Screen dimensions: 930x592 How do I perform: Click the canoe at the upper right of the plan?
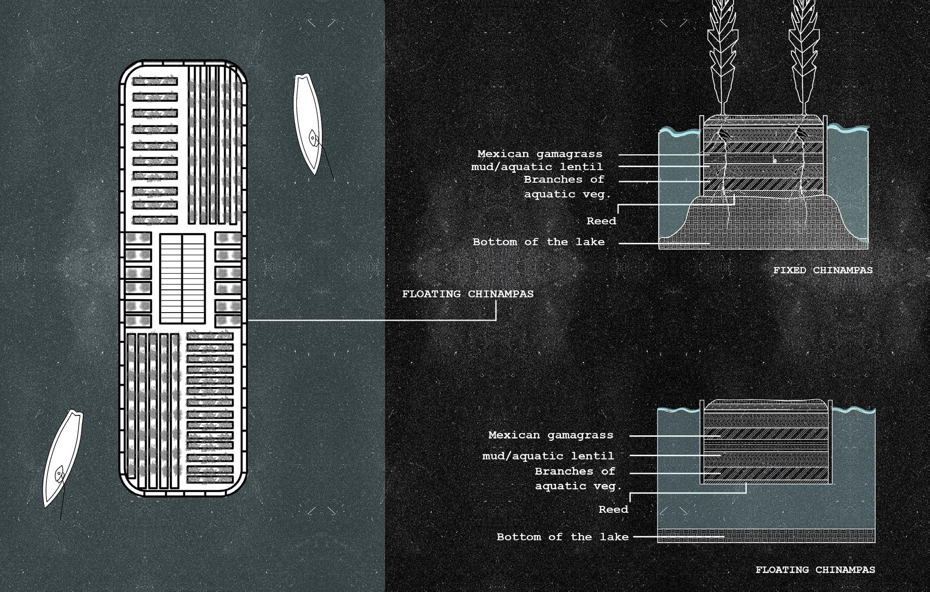tap(307, 123)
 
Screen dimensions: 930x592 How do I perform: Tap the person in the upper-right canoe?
tap(313, 138)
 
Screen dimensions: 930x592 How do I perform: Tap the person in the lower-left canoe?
tap(60, 473)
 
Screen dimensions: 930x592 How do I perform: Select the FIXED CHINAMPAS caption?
tap(823, 270)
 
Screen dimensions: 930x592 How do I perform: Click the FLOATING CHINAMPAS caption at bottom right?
tap(815, 570)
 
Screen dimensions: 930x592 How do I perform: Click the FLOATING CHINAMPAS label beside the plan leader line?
tap(468, 294)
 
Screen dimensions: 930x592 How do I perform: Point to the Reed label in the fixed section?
tap(601, 221)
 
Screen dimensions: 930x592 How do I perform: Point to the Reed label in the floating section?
tap(613, 510)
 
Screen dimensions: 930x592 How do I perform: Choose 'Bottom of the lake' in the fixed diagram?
tap(539, 242)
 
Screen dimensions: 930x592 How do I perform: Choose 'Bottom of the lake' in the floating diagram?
tap(562, 537)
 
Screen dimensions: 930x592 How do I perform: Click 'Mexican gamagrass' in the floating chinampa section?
tap(550, 435)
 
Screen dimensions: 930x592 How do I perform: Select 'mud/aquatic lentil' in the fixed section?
tap(537, 167)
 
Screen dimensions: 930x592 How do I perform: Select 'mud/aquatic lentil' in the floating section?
tap(548, 456)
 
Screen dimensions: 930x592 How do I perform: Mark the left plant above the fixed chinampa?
tap(721, 57)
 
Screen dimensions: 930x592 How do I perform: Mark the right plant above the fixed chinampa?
tap(803, 57)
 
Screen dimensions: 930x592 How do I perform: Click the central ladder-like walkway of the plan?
tap(182, 278)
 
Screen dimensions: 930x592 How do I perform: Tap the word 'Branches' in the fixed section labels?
tap(547, 179)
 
